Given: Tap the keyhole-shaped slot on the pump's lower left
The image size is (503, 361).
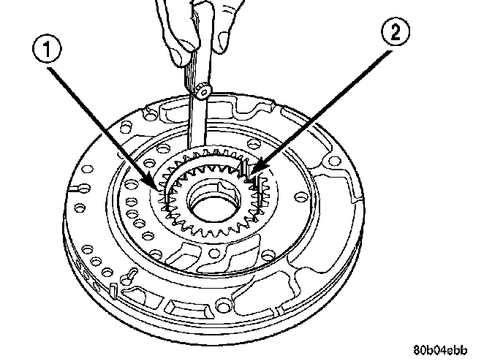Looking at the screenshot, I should click(125, 277).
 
